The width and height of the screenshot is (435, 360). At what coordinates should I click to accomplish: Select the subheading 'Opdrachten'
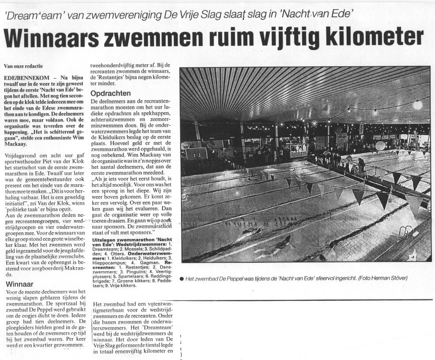[110, 94]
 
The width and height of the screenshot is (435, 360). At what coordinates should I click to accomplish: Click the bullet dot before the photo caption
[182, 279]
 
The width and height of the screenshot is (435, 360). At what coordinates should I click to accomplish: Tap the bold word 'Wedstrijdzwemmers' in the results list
[147, 244]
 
